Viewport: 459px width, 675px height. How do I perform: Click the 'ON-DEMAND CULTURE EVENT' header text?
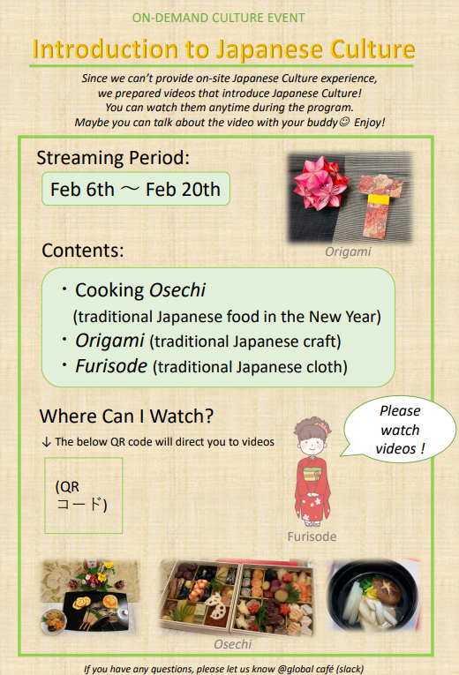pos(218,18)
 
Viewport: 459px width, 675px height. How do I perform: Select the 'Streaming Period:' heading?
pos(113,158)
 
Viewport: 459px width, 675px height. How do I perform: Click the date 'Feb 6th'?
pos(82,190)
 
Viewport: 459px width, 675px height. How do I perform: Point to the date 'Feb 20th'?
pos(183,190)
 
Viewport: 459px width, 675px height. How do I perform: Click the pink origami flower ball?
pos(318,183)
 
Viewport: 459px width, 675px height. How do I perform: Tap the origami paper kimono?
pos(380,206)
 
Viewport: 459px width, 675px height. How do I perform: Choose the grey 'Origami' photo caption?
pos(348,251)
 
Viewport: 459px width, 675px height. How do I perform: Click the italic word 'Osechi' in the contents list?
pos(177,290)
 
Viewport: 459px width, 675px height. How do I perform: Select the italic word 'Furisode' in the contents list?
pos(111,366)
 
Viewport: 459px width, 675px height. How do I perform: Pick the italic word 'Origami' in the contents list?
pos(109,341)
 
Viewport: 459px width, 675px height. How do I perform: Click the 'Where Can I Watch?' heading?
pos(126,416)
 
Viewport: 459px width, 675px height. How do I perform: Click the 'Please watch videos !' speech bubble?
pos(400,429)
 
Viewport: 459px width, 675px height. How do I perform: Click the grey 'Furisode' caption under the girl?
pos(312,536)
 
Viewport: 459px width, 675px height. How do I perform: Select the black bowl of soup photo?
pos(372,596)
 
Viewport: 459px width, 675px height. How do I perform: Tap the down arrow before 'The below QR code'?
pos(47,442)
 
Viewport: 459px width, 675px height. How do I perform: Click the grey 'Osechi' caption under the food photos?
pos(233,644)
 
